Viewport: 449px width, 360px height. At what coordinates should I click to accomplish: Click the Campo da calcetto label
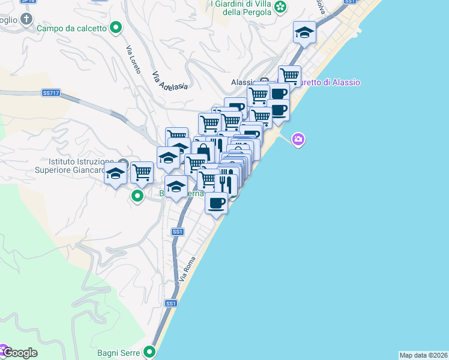click(72, 28)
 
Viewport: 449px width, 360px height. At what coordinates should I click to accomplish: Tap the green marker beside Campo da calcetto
click(118, 27)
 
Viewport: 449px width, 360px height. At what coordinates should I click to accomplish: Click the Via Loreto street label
click(133, 61)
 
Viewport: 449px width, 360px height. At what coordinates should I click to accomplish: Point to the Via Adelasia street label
click(170, 82)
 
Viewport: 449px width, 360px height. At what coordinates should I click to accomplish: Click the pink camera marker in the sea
click(298, 140)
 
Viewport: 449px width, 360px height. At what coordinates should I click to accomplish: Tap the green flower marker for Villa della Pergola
click(280, 7)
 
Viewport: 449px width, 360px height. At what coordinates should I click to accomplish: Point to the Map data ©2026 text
click(423, 355)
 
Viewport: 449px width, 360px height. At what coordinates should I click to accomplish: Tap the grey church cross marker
click(26, 20)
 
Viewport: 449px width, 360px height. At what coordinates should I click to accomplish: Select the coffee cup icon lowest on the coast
click(217, 202)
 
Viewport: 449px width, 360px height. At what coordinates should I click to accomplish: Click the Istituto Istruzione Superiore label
click(81, 167)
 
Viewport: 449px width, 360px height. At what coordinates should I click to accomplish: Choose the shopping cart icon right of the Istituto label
click(142, 172)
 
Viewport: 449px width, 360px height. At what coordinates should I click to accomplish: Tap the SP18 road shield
click(28, 2)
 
